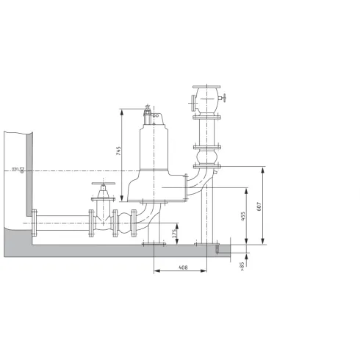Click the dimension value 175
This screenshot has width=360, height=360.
click(x=174, y=234)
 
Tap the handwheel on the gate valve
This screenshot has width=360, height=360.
click(x=102, y=184)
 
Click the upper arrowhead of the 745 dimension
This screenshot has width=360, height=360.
click(x=118, y=112)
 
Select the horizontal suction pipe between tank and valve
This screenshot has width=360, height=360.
click(x=62, y=222)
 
